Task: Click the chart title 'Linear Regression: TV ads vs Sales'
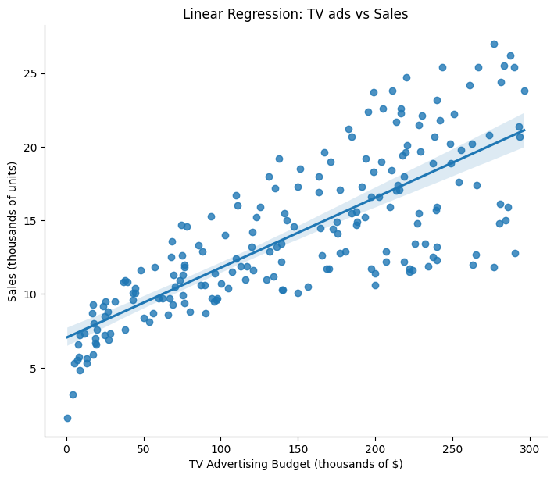coord(295,14)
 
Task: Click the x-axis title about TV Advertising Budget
coord(295,464)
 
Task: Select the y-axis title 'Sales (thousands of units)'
coord(13,230)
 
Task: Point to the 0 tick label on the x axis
coord(66,448)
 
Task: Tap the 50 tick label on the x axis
coord(144,448)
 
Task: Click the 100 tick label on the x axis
coord(220,448)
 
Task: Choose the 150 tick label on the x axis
coord(298,448)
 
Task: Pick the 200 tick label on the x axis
coord(375,448)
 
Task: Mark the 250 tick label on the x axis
coord(452,448)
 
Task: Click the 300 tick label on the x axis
coord(530,448)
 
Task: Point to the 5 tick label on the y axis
coord(34,368)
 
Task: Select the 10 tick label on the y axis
coord(31,294)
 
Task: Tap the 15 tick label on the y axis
coord(31,221)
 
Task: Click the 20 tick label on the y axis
coord(31,148)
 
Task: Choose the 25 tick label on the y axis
coord(31,74)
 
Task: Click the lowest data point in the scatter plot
coord(67,418)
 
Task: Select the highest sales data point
coord(494,45)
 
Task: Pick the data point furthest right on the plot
coord(524,91)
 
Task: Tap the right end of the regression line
coord(524,130)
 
